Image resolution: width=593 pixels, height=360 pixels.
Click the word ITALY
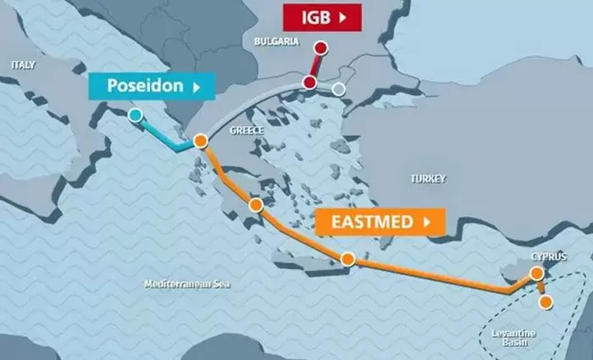[24, 64]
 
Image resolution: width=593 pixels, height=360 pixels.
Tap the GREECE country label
[247, 130]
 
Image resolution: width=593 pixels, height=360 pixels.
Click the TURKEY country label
[427, 179]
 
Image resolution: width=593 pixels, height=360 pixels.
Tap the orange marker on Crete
[347, 258]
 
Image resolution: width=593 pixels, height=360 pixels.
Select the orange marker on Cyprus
[536, 273]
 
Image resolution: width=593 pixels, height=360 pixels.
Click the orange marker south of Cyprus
[546, 301]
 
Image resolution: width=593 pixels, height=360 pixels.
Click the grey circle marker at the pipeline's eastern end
[339, 89]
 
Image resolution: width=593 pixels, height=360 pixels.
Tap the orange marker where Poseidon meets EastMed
[201, 141]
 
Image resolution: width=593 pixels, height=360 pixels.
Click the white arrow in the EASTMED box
[428, 223]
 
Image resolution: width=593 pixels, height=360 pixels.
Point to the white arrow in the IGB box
[342, 17]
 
